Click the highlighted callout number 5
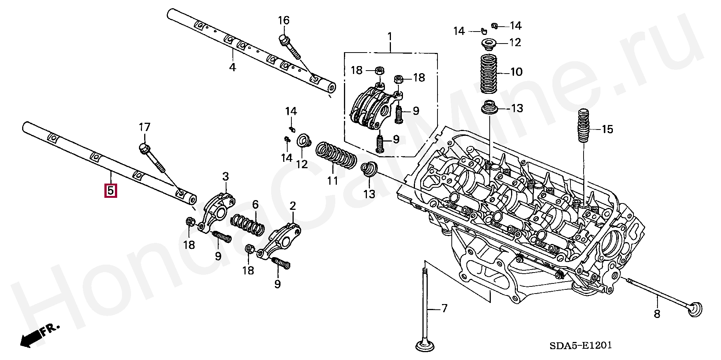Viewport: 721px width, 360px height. tap(111, 190)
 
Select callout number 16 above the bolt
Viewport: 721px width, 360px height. tap(284, 20)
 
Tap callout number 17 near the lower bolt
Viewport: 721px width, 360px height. tap(145, 127)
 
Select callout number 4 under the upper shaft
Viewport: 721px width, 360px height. tap(232, 68)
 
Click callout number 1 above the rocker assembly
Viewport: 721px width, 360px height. tap(390, 37)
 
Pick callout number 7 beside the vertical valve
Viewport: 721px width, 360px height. tap(444, 309)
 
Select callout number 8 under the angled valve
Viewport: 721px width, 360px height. tap(657, 313)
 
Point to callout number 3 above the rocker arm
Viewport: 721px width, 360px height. tap(225, 176)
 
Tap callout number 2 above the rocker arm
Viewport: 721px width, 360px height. tap(293, 206)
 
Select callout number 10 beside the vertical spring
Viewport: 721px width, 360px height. tap(517, 72)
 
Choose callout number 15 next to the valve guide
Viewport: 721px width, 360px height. tap(607, 130)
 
